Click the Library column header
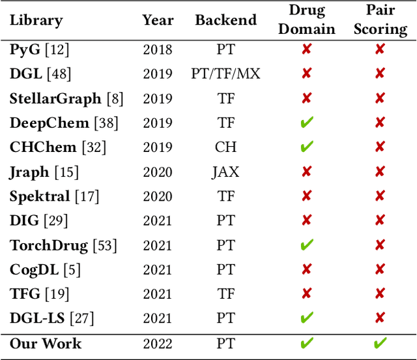pos(36,20)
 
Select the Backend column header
pos(225,20)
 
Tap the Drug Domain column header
pos(307,20)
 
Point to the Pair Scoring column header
pos(380,20)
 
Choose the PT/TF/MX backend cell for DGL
pos(225,74)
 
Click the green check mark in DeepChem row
pos(307,123)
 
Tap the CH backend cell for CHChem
pos(225,147)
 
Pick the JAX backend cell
pos(225,172)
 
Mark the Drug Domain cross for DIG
pos(307,221)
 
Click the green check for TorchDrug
pos(307,245)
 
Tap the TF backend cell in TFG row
pos(225,294)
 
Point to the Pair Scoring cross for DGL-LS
pos(380,318)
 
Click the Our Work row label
pos(46,343)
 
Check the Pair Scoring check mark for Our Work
pos(380,343)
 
